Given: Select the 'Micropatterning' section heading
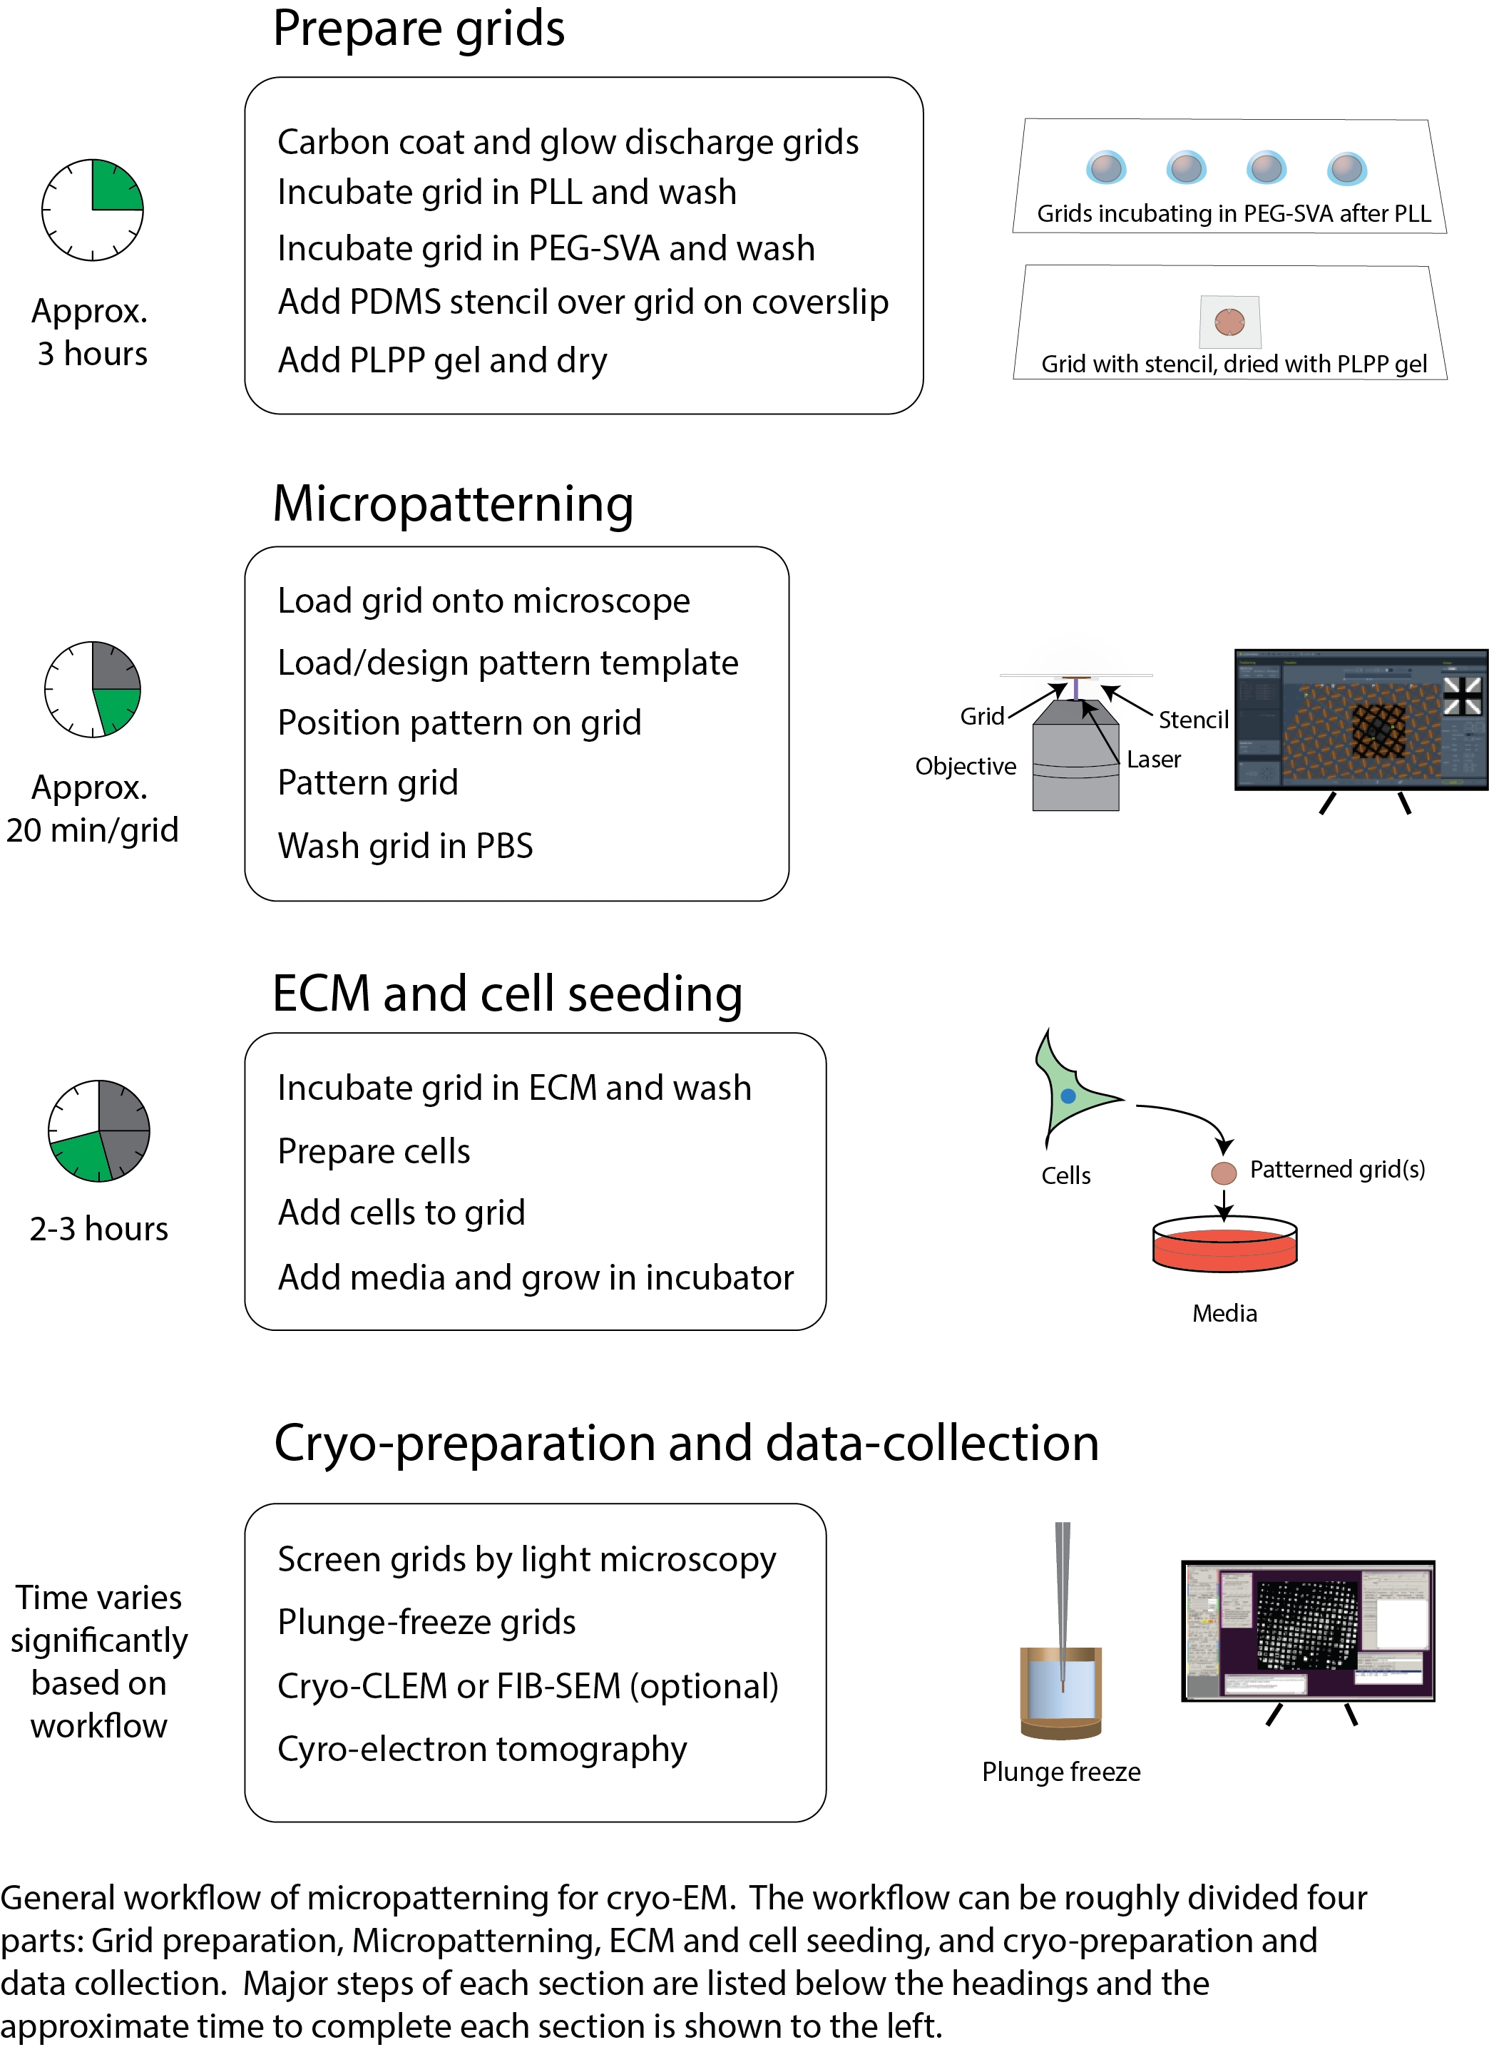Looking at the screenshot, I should tap(453, 504).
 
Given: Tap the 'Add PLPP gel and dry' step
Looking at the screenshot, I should tap(442, 361).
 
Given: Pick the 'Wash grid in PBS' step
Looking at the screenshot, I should tap(404, 846).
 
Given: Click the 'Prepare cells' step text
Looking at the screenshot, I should tap(374, 1152).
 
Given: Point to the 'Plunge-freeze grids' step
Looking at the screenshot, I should tap(426, 1623).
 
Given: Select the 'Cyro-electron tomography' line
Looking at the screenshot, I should tap(481, 1750).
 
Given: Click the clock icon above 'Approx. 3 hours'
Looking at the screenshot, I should tap(92, 210).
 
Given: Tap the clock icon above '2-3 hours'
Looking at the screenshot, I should tap(98, 1131).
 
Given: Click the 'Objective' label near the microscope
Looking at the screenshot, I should tap(966, 767).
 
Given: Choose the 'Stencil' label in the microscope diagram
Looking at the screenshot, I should tap(1193, 720).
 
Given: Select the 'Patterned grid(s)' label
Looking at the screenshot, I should tap(1337, 1170).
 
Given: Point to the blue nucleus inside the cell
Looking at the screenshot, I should tap(1068, 1096).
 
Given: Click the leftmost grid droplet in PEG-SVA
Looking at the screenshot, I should tap(1106, 168).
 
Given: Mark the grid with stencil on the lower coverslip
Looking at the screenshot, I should tap(1229, 322).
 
